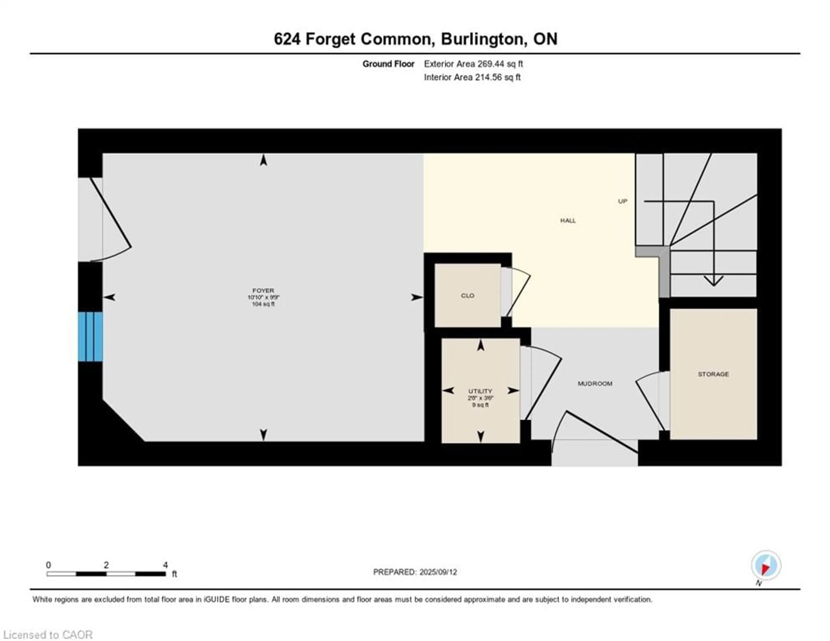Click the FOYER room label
[x=263, y=290]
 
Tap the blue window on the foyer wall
[x=90, y=337]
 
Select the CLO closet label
[x=468, y=296]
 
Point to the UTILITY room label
[x=480, y=391]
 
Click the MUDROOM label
[x=595, y=384]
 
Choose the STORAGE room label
[x=713, y=374]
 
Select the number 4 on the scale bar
[x=165, y=565]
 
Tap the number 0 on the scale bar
[x=48, y=565]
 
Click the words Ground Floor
[x=388, y=64]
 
